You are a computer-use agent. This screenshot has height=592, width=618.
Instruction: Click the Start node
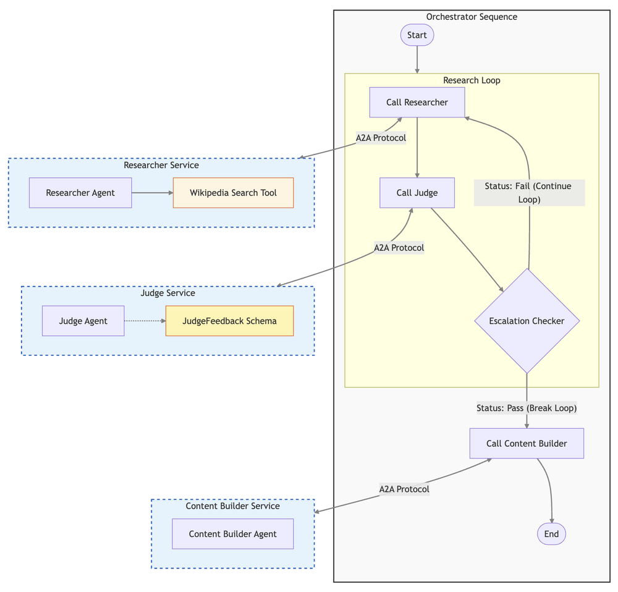[x=417, y=35]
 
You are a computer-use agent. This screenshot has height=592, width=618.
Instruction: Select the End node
[x=551, y=534]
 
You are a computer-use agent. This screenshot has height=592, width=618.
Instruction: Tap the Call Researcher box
[x=417, y=102]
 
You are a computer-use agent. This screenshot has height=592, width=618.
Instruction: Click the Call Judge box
[x=417, y=193]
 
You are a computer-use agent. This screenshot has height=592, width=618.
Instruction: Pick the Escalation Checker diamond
[x=527, y=321]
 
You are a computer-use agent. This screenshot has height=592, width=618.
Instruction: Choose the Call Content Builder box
[x=527, y=443]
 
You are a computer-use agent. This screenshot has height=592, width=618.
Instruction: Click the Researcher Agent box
[x=80, y=193]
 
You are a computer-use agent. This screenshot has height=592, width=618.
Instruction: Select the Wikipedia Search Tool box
[x=233, y=193]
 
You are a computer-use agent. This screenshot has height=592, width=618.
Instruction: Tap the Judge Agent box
[x=83, y=321]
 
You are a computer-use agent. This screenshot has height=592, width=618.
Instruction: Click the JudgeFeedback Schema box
[x=229, y=321]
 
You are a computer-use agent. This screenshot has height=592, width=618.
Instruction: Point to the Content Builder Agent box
[x=232, y=534]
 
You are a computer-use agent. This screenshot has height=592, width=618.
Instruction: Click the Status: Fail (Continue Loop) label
[x=529, y=193]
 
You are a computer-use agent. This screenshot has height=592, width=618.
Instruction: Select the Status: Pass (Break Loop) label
[x=527, y=408]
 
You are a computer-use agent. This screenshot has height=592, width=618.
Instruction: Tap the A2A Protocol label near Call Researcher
[x=381, y=138]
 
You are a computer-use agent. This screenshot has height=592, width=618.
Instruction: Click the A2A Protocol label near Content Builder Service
[x=404, y=489]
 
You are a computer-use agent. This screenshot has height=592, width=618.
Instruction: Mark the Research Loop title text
[x=472, y=80]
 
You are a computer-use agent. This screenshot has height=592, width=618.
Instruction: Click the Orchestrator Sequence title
[x=472, y=17]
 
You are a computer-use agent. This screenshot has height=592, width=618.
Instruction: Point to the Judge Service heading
[x=167, y=293]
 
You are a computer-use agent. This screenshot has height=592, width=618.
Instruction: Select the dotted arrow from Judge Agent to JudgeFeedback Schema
[x=145, y=321]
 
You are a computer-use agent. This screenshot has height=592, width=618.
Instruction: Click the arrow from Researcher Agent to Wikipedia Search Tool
[x=152, y=193]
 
